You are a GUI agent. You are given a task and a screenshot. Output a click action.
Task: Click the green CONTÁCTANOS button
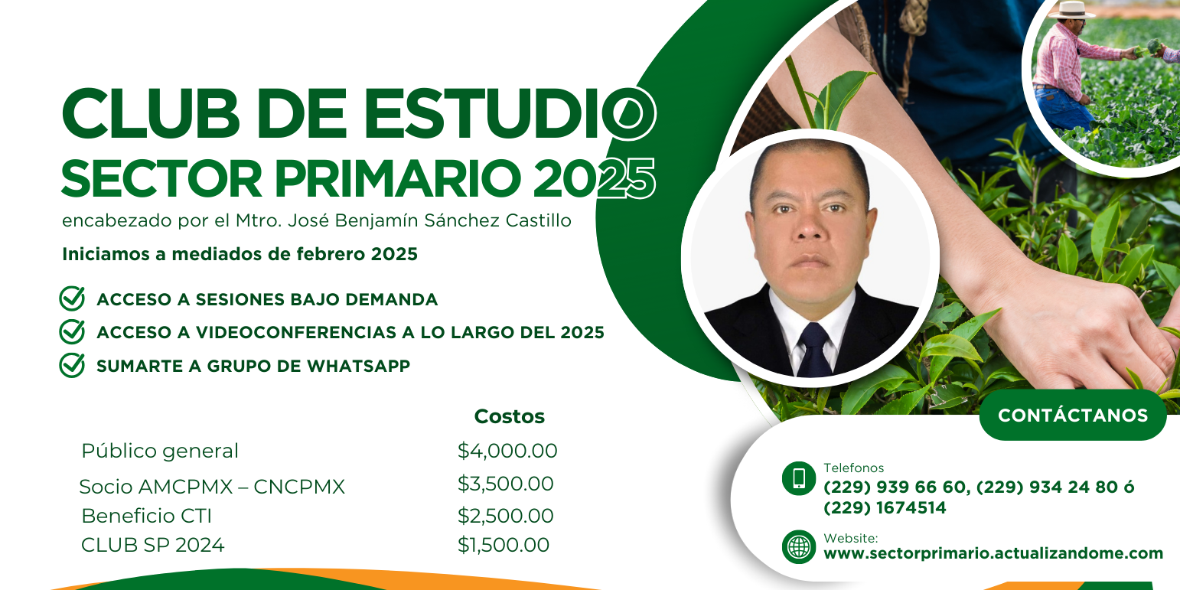point(1073,415)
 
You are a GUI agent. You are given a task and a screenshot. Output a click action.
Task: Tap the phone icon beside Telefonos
point(799,478)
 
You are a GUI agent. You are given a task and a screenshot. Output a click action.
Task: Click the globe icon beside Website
point(799,547)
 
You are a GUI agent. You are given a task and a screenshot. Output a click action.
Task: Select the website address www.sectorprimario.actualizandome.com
point(993,554)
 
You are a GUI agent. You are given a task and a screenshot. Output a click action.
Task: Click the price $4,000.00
point(507,451)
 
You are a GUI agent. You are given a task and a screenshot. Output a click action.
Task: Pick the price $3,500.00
point(505,484)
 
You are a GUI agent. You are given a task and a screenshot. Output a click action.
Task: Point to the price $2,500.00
point(505,516)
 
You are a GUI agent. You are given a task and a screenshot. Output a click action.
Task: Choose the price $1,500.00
point(503,545)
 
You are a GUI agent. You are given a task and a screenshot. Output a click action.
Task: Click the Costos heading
point(510,416)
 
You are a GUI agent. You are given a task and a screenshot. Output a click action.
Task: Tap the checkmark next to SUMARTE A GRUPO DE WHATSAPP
point(72,365)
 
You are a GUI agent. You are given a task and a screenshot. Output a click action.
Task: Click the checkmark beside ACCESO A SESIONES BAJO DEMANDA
point(72,298)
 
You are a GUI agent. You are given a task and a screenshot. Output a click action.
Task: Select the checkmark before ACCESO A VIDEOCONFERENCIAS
point(72,332)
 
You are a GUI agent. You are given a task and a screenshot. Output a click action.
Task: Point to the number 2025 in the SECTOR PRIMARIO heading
point(595,178)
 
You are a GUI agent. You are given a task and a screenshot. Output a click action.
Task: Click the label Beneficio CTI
point(146,516)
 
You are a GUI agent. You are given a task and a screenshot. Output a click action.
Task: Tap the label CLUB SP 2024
point(153,545)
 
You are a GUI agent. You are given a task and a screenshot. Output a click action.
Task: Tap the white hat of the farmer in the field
point(1071,10)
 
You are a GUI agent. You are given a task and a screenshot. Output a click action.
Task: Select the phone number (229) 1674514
point(885,508)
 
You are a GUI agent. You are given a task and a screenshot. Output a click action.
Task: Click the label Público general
point(160,451)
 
